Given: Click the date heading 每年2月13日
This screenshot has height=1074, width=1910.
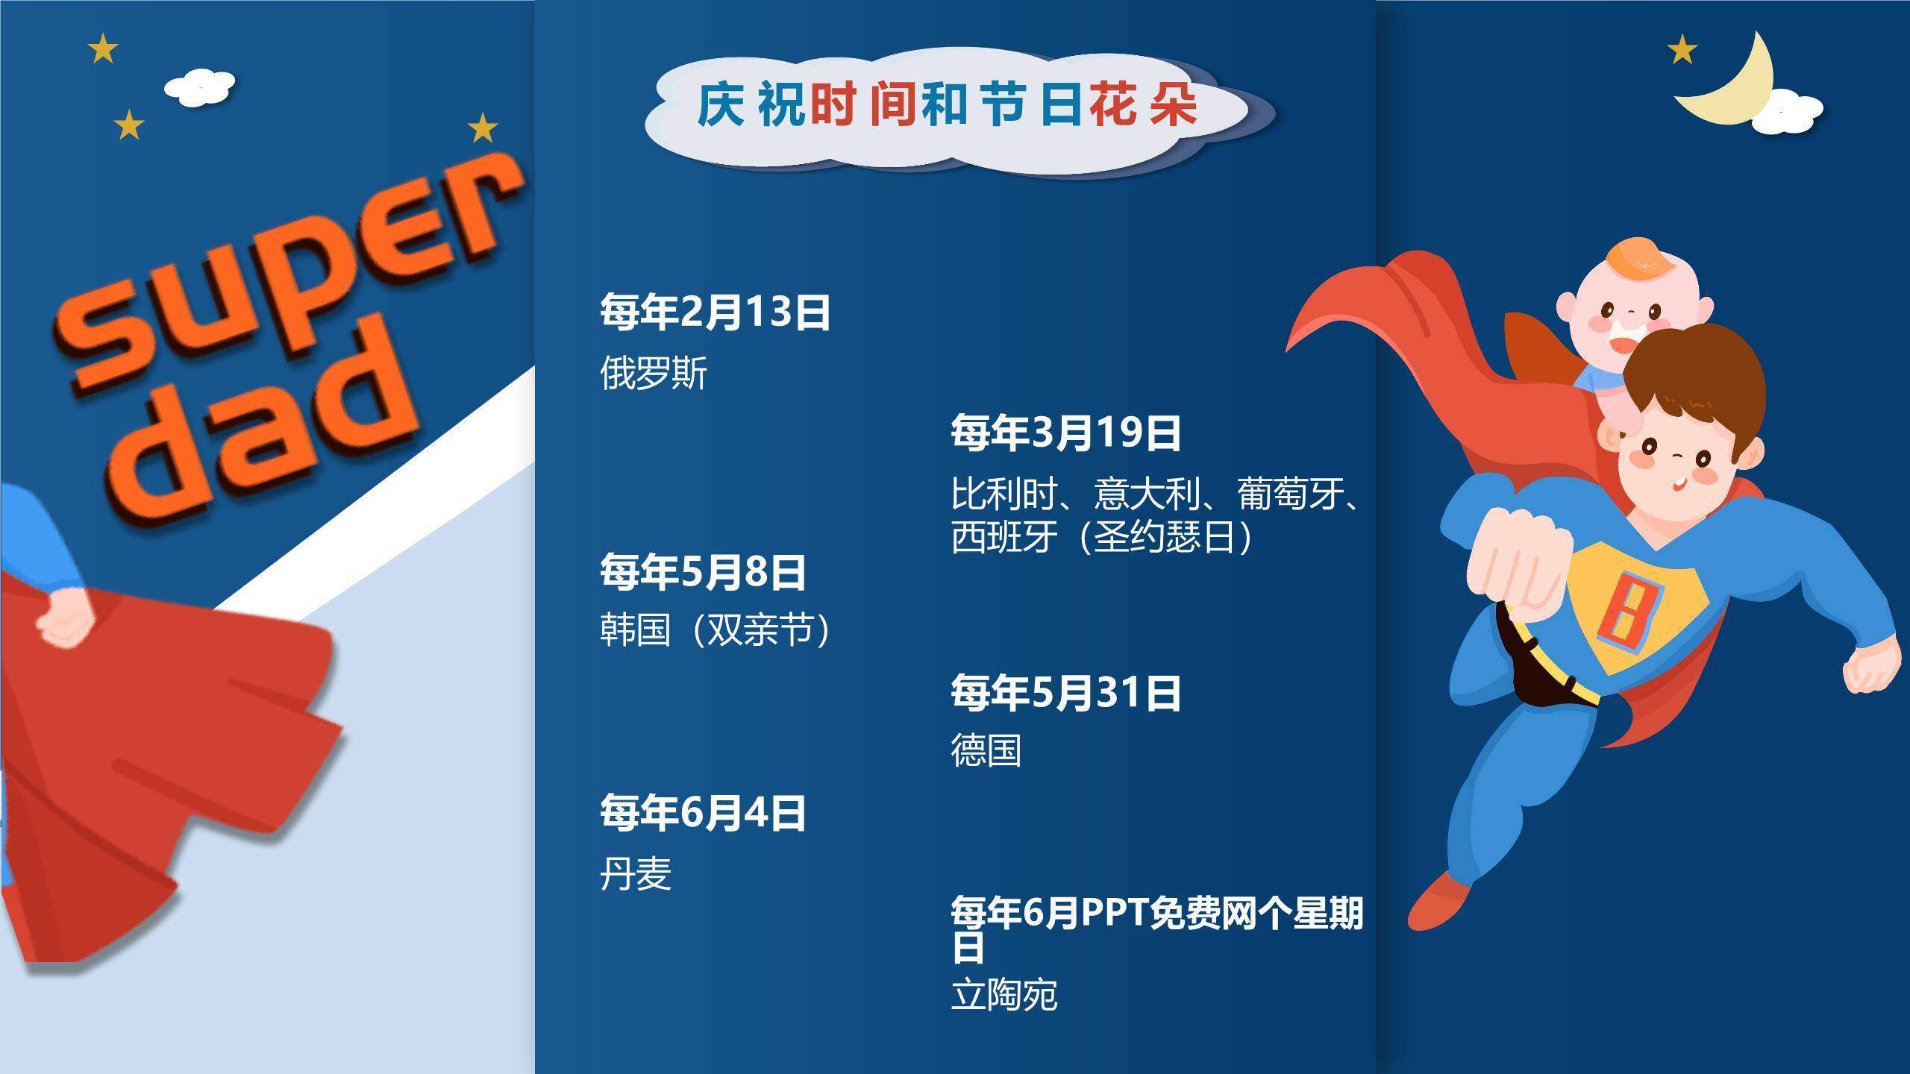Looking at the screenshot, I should coord(715,313).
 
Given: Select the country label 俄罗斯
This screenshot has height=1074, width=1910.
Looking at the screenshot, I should coord(653,373).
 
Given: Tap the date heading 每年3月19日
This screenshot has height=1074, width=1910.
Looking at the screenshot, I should coord(1065,433).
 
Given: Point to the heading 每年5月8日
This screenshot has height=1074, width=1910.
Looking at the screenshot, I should coord(703,572).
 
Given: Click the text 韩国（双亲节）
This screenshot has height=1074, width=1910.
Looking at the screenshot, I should coord(715,630).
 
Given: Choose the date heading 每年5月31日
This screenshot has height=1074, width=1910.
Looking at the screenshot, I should coord(1065,693).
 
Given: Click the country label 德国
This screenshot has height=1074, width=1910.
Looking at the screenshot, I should coord(986,750).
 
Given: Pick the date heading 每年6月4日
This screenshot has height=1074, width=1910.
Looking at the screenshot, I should coord(703,813).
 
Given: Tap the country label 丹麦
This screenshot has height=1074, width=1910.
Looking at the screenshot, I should coord(636,873).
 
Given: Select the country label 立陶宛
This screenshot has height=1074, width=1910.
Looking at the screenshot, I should coord(1003,995).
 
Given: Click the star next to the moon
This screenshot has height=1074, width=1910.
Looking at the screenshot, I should coord(1682,51).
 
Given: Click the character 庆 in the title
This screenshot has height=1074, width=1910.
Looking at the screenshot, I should coord(720,105).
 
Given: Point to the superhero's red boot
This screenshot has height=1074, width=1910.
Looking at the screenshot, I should coord(1444,902).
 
